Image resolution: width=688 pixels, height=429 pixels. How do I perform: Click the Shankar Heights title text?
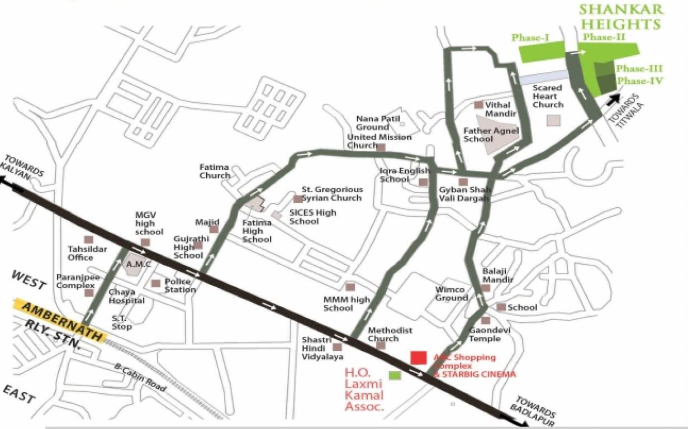point(620,16)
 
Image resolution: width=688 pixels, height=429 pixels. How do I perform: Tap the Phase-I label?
point(530,37)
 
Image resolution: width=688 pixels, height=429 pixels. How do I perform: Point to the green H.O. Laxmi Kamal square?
point(395,375)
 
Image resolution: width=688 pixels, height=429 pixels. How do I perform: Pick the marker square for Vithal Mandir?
point(478,104)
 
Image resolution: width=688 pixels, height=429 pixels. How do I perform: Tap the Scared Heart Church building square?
point(554,120)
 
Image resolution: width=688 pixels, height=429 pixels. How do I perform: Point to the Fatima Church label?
point(215,171)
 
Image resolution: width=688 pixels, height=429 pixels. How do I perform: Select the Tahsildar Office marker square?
point(88,240)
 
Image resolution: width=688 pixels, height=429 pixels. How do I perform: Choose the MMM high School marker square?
point(350,287)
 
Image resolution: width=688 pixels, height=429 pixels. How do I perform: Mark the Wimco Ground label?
point(452,294)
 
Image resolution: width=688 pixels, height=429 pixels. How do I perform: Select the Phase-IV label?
point(640,81)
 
